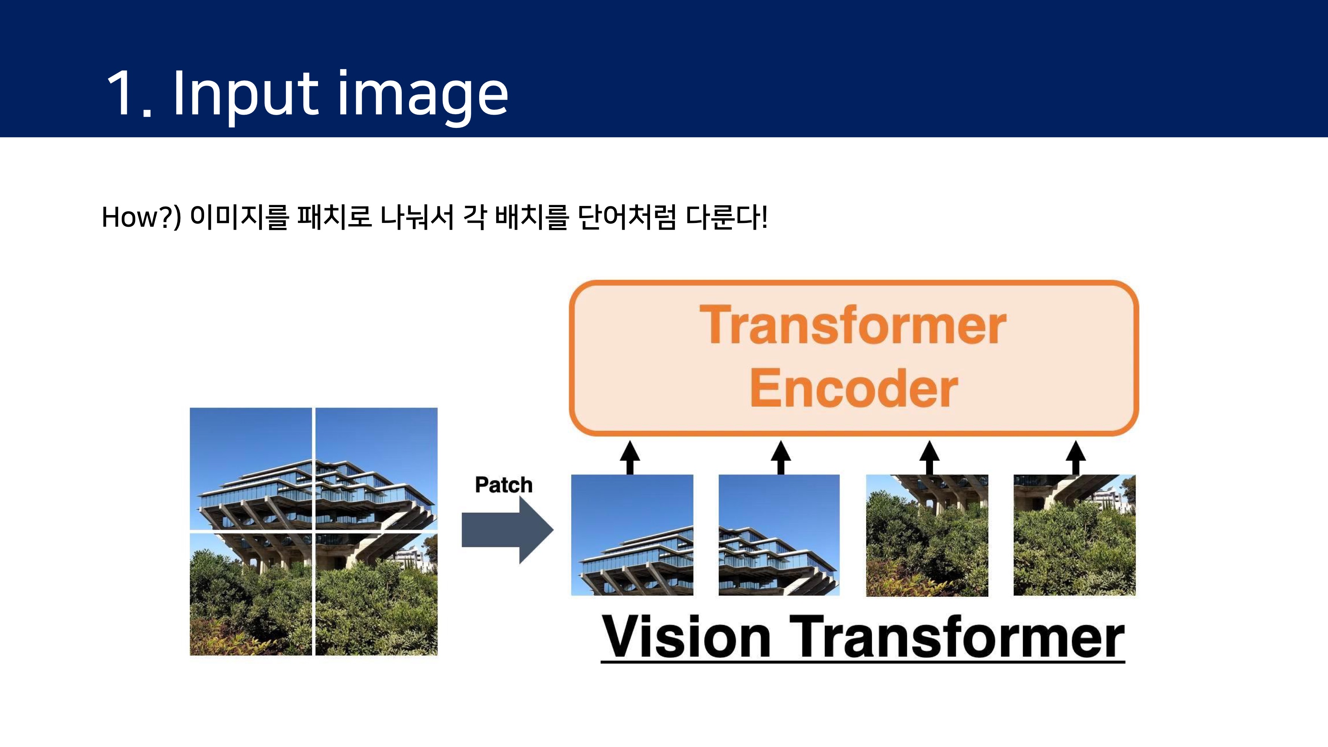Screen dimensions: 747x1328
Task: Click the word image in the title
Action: click(x=423, y=95)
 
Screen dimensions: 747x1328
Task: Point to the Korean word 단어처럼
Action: click(x=626, y=217)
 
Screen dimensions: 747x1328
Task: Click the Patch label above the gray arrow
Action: click(x=503, y=485)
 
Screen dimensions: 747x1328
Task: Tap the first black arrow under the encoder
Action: click(x=629, y=457)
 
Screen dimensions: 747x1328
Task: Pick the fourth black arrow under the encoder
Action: click(x=1075, y=457)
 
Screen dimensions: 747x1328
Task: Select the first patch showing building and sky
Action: click(x=632, y=535)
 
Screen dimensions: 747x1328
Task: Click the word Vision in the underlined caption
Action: click(x=686, y=637)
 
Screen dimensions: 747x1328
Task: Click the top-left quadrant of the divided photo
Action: click(x=251, y=468)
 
